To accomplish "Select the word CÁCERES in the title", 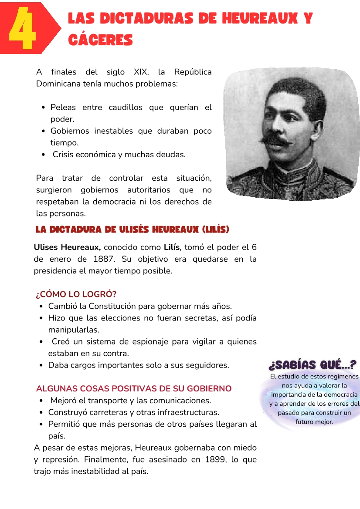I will point(101,40).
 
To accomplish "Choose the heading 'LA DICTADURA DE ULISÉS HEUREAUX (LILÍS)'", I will point(132,229).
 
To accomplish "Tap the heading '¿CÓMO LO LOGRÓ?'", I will point(76,294).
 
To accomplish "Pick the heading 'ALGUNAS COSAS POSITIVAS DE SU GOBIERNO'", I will point(134,388).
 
